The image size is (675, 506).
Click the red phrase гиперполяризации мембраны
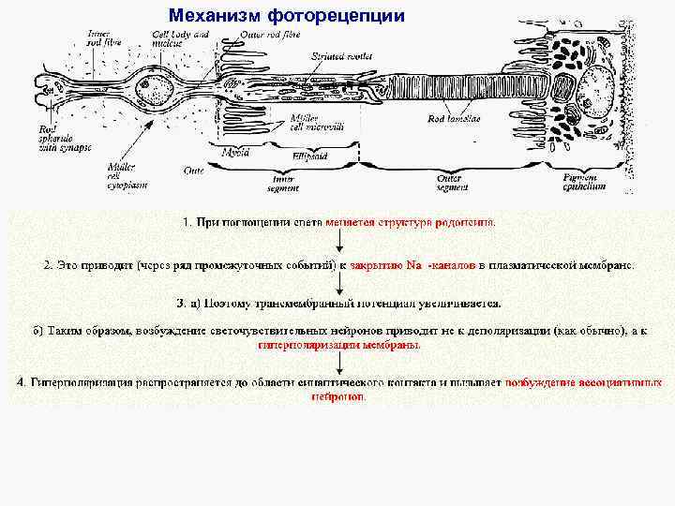tap(338, 344)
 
